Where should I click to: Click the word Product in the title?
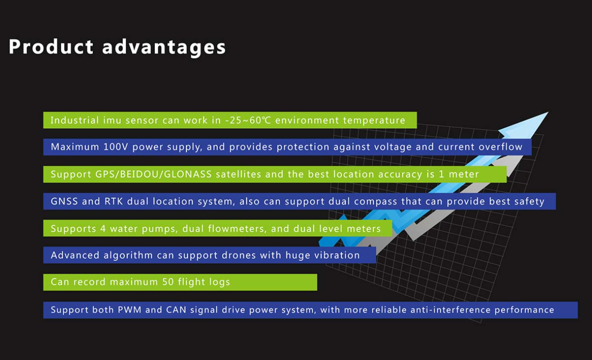pyautogui.click(x=51, y=47)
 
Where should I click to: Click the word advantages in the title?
pyautogui.click(x=164, y=48)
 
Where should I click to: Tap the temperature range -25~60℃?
pyautogui.click(x=248, y=120)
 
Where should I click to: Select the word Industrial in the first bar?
pyautogui.click(x=75, y=120)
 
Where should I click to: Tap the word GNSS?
pyautogui.click(x=64, y=202)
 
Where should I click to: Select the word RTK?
pyautogui.click(x=114, y=202)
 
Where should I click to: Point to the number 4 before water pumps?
pyautogui.click(x=103, y=229)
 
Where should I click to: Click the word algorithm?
pyautogui.click(x=128, y=256)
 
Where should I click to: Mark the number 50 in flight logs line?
pyautogui.click(x=168, y=282)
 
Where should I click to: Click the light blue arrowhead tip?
pyautogui.click(x=548, y=112)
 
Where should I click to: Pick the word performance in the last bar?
pyautogui.click(x=524, y=310)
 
